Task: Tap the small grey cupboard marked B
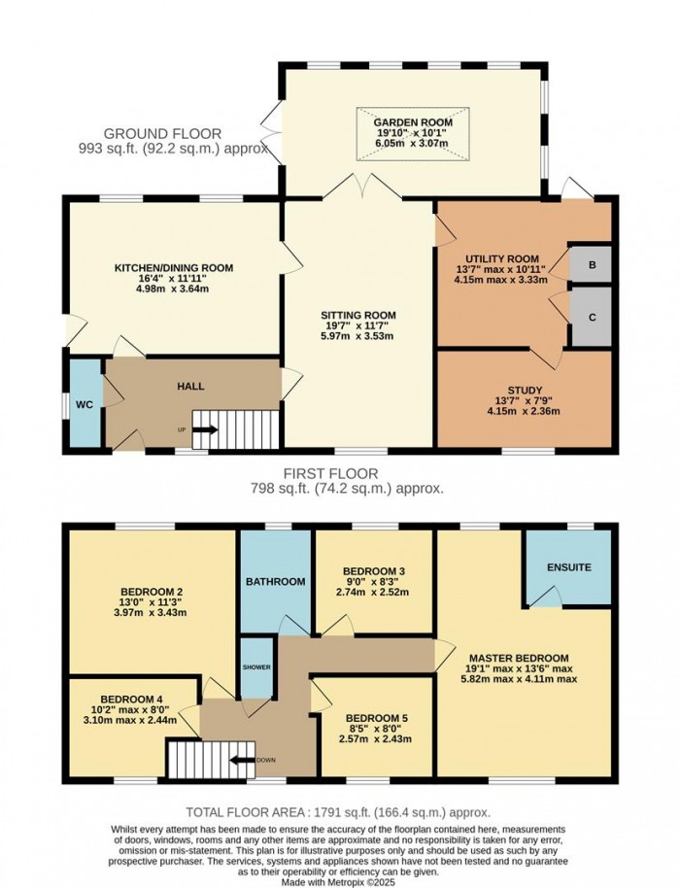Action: tap(591, 263)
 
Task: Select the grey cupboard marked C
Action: tap(591, 316)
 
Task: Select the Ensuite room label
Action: tap(568, 566)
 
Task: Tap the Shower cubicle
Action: tap(256, 666)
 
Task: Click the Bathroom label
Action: tap(275, 582)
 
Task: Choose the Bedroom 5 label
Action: tap(374, 718)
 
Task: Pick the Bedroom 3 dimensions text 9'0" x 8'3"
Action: tap(374, 581)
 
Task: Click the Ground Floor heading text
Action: tap(162, 133)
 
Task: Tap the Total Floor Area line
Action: tap(339, 811)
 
